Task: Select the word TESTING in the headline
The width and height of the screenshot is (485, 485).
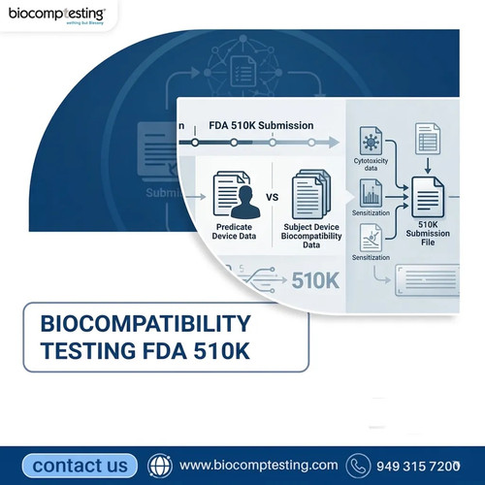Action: point(87,350)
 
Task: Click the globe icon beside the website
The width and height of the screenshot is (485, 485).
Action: point(159,466)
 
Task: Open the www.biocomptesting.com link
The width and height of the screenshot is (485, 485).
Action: point(259,466)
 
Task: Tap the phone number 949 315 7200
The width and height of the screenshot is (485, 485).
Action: point(417,466)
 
